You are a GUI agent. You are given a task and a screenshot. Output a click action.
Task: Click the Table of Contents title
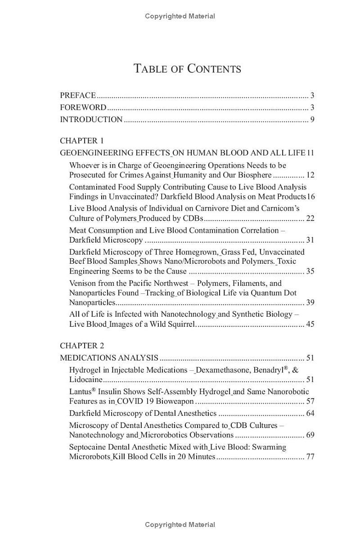[x=187, y=68]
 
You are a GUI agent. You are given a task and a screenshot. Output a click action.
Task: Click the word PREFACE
[x=78, y=95]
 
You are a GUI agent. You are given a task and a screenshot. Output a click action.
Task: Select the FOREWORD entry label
[x=83, y=108]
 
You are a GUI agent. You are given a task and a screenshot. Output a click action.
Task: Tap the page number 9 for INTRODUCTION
[x=312, y=120]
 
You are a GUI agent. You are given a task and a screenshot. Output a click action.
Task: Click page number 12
[x=310, y=175]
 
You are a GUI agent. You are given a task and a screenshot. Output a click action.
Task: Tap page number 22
[x=310, y=218]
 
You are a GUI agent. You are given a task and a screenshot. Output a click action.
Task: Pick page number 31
[x=310, y=240]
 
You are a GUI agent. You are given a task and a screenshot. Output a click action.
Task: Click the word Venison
[x=83, y=283]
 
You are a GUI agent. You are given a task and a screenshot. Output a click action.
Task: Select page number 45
[x=310, y=324]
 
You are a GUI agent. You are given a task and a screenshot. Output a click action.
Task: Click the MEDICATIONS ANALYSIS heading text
[x=109, y=358]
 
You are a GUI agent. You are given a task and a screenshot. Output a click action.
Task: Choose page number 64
[x=310, y=413]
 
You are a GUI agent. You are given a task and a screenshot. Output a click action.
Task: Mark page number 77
[x=310, y=457]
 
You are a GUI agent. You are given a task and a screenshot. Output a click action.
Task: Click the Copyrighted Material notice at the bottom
[x=180, y=525]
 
